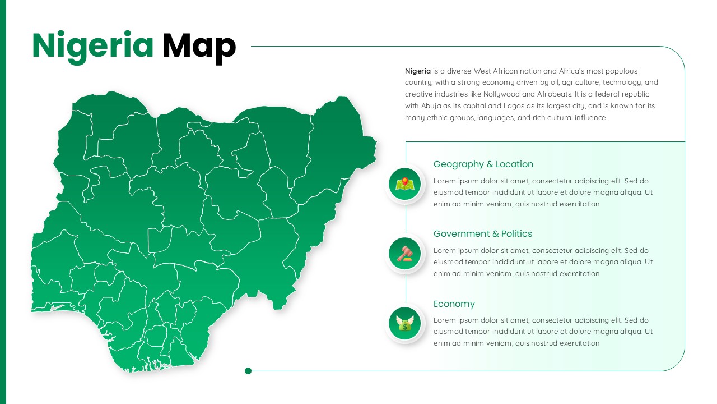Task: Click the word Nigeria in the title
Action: click(92, 46)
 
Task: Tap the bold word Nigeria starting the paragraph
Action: click(418, 71)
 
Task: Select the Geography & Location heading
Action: click(483, 164)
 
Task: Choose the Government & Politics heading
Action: click(482, 234)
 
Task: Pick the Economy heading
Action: click(454, 304)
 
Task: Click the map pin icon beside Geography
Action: click(404, 184)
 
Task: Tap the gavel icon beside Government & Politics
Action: click(404, 254)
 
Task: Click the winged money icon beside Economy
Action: click(404, 323)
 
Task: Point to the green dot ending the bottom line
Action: click(248, 371)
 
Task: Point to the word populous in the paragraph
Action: click(621, 71)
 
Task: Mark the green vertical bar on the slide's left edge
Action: click(3, 202)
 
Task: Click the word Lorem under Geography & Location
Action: click(445, 181)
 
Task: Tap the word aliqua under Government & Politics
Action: click(628, 262)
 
